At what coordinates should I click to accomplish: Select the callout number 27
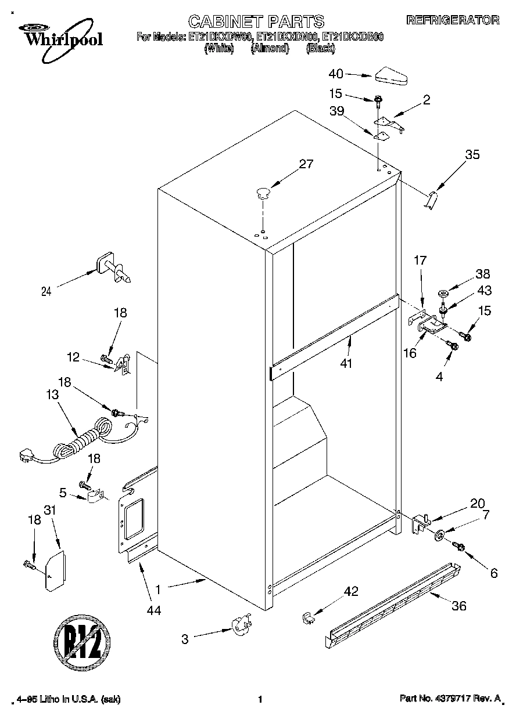tap(305, 164)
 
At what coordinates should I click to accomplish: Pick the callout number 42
tap(350, 592)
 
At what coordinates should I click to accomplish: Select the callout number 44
tap(154, 610)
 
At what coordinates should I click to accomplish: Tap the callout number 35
tap(472, 154)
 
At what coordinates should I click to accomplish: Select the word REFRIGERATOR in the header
tap(452, 20)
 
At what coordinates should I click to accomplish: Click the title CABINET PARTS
tap(257, 21)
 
